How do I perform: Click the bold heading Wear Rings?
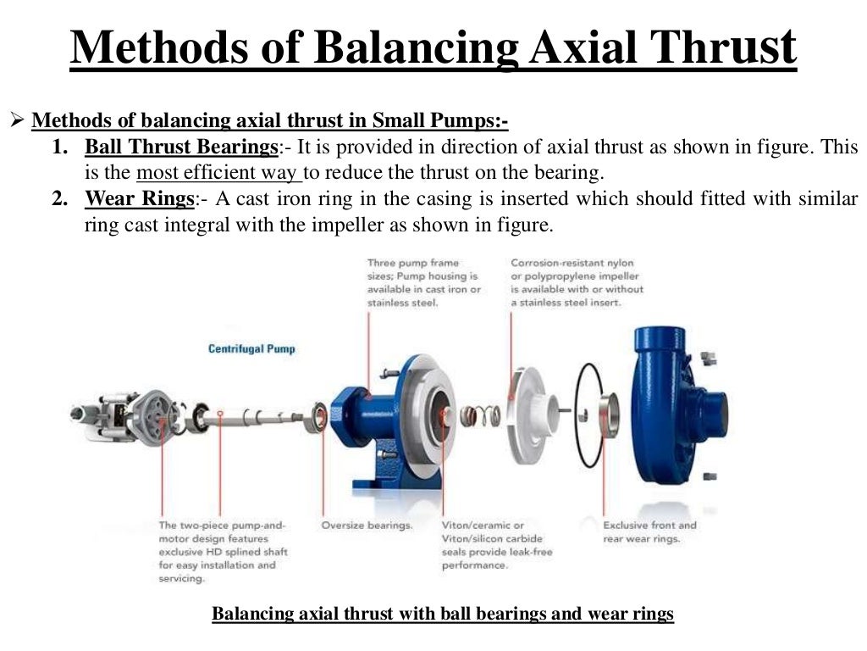(140, 200)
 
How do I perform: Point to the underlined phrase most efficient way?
(219, 174)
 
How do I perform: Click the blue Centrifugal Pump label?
(251, 348)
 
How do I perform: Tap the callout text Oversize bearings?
(367, 526)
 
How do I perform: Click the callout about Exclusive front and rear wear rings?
(649, 531)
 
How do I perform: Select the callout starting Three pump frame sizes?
(423, 282)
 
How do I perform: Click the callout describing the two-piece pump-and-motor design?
(223, 551)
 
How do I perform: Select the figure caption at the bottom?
(442, 614)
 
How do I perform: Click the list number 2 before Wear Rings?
(59, 200)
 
